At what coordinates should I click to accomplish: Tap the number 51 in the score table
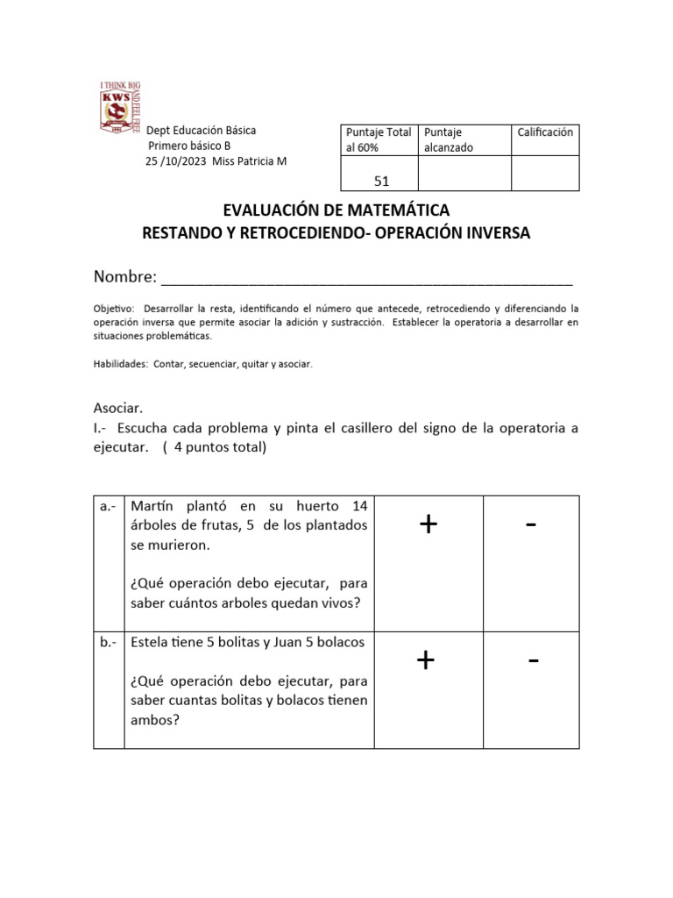[381, 181]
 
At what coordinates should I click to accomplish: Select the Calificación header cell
[544, 132]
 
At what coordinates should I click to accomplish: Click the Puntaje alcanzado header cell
[448, 140]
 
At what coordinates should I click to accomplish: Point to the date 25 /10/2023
[176, 161]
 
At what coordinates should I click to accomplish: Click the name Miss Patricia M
[250, 161]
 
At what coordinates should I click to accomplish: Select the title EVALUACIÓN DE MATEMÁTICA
[336, 210]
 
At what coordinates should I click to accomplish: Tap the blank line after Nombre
[367, 279]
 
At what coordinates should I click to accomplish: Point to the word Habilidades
[120, 364]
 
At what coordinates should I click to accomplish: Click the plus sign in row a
[428, 524]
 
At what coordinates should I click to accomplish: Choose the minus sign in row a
[530, 524]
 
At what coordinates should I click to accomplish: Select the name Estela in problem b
[150, 642]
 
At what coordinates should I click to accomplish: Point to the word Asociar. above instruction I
[117, 409]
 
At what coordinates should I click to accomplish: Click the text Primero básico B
[189, 146]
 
